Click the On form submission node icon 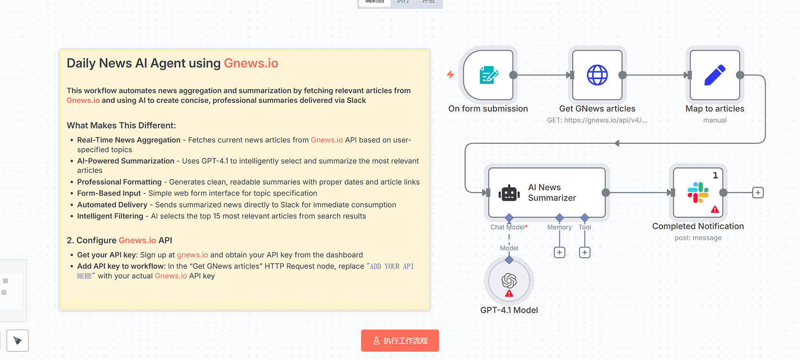point(488,75)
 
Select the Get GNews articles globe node point(597,75)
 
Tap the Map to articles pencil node point(714,75)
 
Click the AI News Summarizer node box point(547,192)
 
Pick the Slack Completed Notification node point(698,192)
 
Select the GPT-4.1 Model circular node point(509,281)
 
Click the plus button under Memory point(560,252)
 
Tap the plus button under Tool point(585,252)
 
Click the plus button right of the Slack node point(758,193)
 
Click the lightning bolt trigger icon point(450,74)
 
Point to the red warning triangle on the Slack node point(715,209)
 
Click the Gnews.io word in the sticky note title point(250,63)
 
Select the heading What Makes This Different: point(121,126)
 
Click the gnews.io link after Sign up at point(192,255)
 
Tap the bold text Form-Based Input point(109,193)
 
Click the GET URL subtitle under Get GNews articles point(597,120)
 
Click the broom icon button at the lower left point(18,340)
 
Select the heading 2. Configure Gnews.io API point(120,240)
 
